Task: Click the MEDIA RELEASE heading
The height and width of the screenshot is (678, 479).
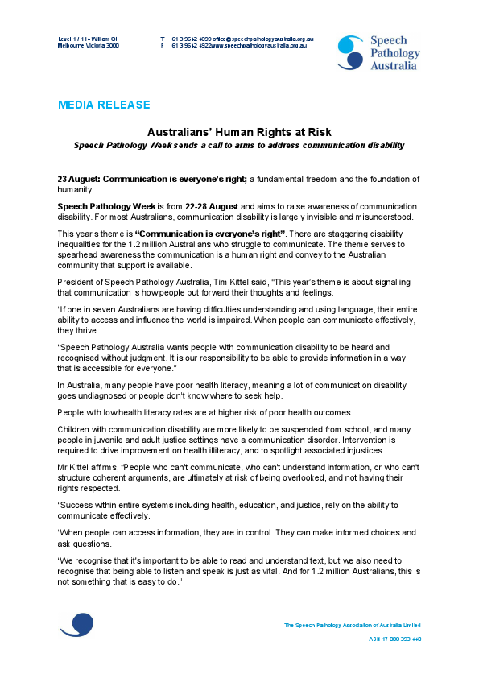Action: point(103,105)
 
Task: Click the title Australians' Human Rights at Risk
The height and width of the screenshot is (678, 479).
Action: point(239,132)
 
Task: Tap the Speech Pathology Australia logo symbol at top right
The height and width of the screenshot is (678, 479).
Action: point(350,52)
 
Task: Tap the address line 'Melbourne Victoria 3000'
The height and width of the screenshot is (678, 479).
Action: point(88,46)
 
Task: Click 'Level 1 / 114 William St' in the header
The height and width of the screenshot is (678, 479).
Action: point(88,39)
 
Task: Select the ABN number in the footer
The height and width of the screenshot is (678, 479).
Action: point(395,639)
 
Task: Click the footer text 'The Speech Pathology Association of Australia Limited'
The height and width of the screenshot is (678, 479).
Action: point(352,625)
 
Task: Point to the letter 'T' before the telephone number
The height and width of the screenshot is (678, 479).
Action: point(162,39)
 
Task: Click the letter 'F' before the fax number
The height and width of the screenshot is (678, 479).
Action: point(162,46)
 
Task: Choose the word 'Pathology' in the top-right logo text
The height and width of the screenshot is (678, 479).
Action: point(394,52)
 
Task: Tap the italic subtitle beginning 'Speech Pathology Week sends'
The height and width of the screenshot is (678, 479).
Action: point(238,145)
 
